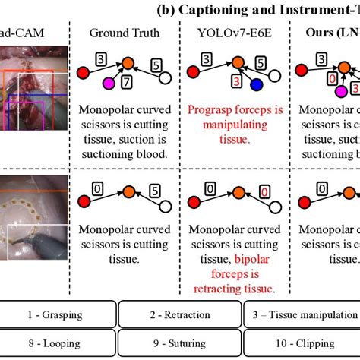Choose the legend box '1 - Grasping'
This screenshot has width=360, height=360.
point(59,314)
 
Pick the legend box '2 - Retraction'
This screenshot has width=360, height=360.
point(179,314)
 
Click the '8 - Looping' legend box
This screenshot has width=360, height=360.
point(59,343)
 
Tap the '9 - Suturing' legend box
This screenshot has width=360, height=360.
point(179,343)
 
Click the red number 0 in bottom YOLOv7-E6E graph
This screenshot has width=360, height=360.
point(264,213)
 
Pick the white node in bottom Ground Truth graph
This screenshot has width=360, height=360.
point(165,226)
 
